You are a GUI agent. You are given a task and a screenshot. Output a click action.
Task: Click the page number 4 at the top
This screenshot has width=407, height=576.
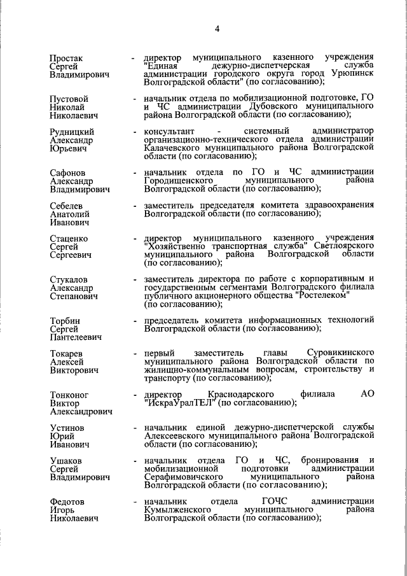point(217,29)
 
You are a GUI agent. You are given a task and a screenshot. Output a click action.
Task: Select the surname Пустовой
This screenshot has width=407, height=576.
point(69,99)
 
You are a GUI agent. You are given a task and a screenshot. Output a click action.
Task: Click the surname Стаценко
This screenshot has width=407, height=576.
point(69,239)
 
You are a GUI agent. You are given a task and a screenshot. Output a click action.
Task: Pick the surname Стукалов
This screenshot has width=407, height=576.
point(69,280)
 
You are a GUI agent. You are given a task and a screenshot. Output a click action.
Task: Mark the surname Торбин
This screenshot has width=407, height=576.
point(66,320)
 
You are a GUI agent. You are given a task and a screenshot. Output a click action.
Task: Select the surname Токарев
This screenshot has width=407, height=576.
point(67,354)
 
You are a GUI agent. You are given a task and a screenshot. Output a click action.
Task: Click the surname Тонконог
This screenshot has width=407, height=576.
point(70,395)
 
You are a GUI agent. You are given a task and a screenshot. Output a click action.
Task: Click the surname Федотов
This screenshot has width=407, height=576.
point(68,502)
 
